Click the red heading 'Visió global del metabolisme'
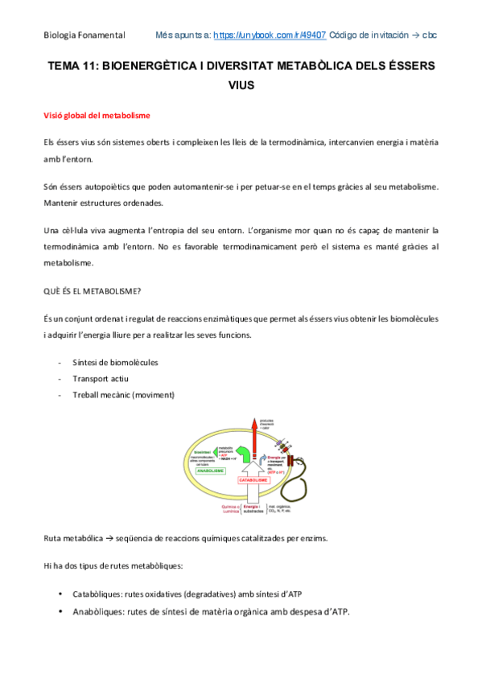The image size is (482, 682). click(97, 116)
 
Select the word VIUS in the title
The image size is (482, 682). click(241, 81)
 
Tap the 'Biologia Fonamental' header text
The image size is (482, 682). click(84, 35)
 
